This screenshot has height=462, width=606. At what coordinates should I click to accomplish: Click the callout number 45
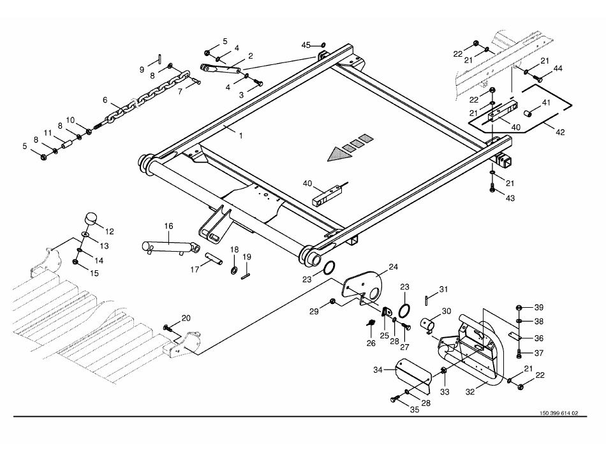pos(306,45)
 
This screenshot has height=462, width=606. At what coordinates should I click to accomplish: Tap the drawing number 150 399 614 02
pos(558,413)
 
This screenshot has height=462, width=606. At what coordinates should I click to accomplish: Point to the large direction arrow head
pos(334,154)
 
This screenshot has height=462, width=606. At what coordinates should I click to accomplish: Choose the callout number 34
pos(378,369)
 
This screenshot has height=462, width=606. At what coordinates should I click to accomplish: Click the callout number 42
pos(559,133)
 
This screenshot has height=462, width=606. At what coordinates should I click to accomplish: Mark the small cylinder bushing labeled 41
pos(529,113)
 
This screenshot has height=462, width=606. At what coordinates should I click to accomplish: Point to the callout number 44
pos(558,68)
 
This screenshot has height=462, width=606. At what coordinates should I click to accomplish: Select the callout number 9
pos(142,69)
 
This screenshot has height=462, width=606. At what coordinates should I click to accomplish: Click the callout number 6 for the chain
pos(105,100)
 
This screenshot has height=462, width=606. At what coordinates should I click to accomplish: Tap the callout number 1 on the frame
pos(240,135)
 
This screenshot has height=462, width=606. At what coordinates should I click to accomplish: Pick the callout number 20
pos(186,317)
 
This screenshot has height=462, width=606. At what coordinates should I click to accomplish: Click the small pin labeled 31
pos(426,297)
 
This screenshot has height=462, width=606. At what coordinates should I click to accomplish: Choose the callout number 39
pos(539,307)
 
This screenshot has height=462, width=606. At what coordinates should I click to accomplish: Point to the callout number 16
pos(169,226)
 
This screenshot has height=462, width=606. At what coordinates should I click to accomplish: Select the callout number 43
pos(510,198)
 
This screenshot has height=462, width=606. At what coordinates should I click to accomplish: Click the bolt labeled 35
pos(393,399)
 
